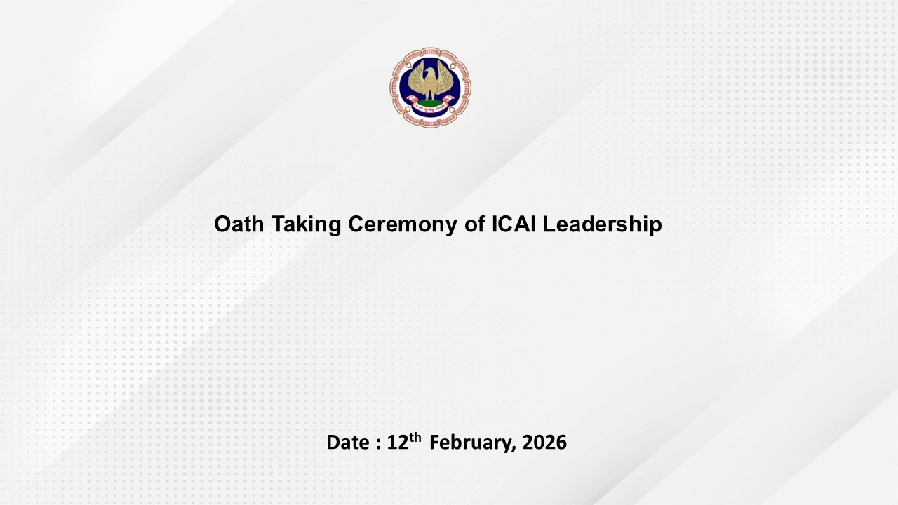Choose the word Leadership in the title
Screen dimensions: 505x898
click(602, 225)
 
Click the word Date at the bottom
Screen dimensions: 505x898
click(347, 443)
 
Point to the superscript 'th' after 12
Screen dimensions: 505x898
click(415, 438)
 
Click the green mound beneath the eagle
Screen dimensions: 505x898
click(431, 103)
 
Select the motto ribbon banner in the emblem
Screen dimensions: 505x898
click(431, 110)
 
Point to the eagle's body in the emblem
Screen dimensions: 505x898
click(431, 86)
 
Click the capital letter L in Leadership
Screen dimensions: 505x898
click(548, 224)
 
